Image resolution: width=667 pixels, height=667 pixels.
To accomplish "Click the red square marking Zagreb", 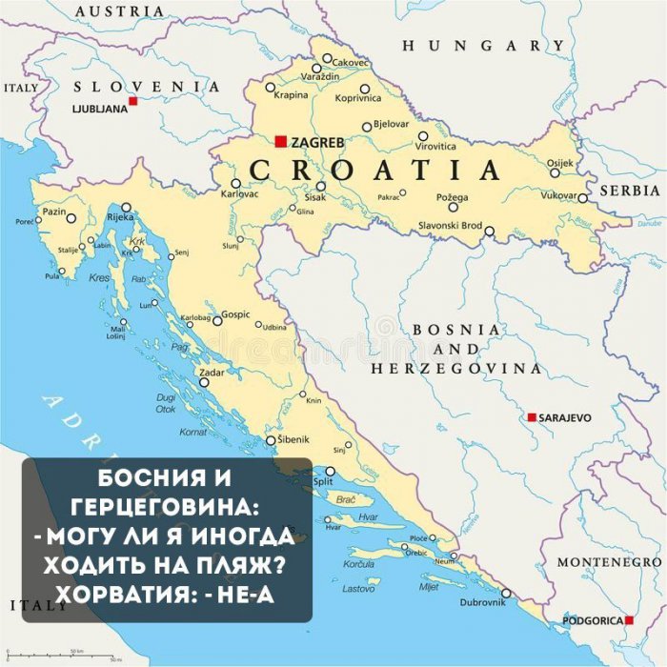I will coord(280,141).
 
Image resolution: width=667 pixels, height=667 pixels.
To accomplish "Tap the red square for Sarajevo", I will coord(532,417).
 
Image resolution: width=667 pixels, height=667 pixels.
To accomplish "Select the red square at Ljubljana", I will coord(133,101).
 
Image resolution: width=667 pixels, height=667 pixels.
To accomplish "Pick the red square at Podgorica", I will coord(629,620).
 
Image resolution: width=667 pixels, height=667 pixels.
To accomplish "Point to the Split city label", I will coord(323,482).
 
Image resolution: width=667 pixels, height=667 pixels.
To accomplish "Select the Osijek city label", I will coord(561,162).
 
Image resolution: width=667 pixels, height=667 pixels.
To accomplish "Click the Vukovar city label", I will coord(559,195).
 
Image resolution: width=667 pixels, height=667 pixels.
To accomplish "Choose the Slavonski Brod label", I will coord(452,226).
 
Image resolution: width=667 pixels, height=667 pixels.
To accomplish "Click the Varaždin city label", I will coord(320,75).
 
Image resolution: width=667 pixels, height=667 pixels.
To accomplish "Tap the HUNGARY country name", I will coord(483,46).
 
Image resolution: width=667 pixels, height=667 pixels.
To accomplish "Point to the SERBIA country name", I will coord(630,191).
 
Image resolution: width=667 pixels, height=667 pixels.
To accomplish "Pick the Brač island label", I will coord(347,499).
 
